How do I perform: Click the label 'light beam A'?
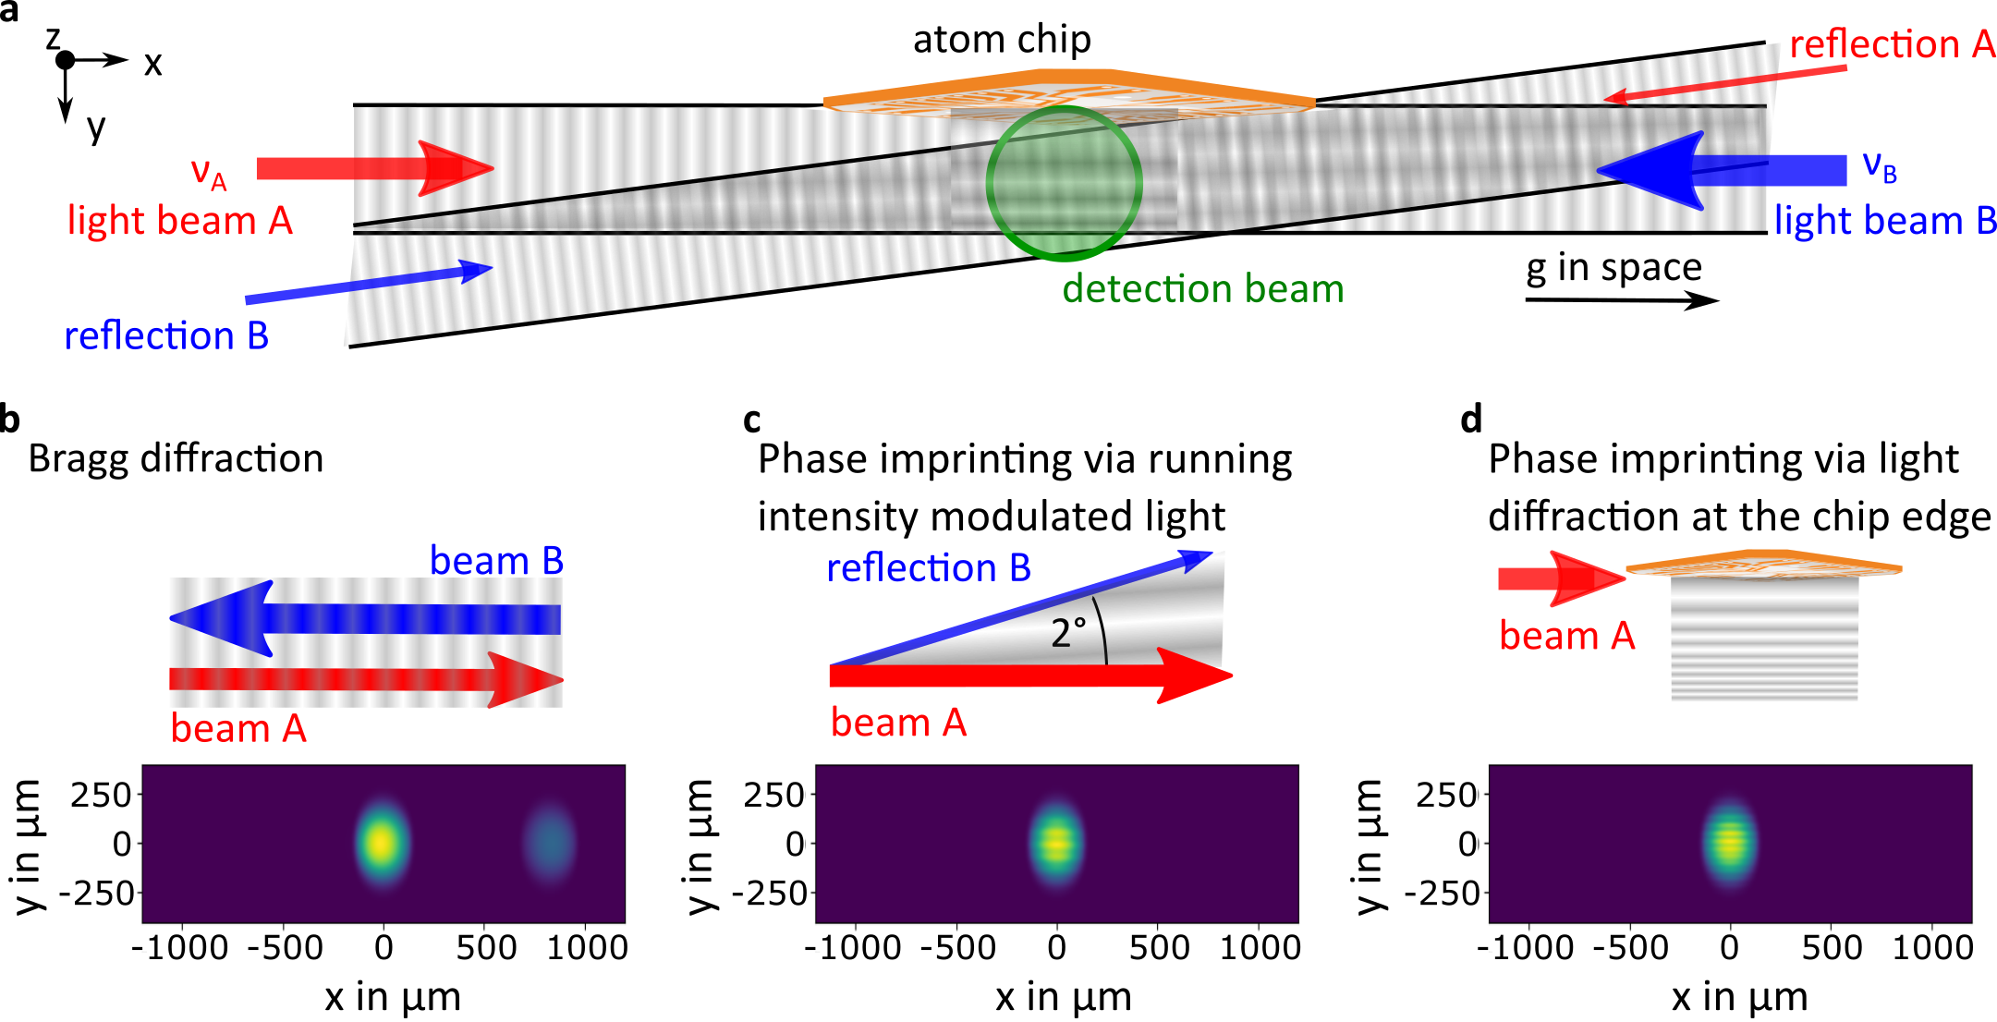click(x=180, y=222)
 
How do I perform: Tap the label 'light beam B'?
click(x=1883, y=222)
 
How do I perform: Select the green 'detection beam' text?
click(x=1202, y=289)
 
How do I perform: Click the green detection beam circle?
click(x=1064, y=183)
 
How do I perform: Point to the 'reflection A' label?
click(x=1891, y=44)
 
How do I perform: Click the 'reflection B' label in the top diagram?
click(x=166, y=335)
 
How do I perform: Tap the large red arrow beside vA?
click(x=374, y=168)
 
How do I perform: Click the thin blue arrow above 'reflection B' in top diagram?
click(x=370, y=284)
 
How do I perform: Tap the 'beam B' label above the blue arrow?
click(x=496, y=561)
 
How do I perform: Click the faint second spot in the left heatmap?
click(x=549, y=843)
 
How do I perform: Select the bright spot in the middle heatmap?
click(x=1056, y=843)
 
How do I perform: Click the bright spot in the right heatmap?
click(x=1729, y=843)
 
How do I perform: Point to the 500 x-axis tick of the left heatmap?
click(x=486, y=945)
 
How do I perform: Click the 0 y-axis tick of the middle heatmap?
click(x=795, y=844)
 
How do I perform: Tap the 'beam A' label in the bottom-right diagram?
click(x=1566, y=636)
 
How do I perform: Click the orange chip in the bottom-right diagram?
click(x=1763, y=563)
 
